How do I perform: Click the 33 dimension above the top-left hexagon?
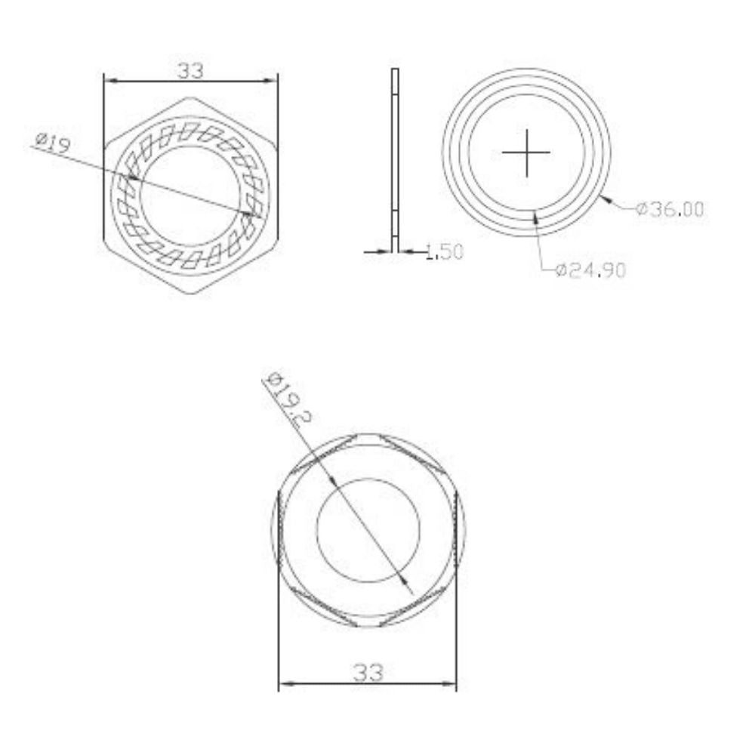coord(190,70)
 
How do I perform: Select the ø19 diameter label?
coord(54,140)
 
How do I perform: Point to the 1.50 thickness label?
coord(444,252)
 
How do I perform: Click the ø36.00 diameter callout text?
coord(670,209)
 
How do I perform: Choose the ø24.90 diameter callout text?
coord(590,270)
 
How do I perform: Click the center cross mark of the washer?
coord(526,153)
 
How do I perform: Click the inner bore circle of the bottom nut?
coord(368,528)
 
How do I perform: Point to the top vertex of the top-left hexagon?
coord(190,97)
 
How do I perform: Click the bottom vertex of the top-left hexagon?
coord(190,293)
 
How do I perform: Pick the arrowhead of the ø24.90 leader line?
coord(535,214)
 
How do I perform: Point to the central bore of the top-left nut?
coord(190,195)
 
